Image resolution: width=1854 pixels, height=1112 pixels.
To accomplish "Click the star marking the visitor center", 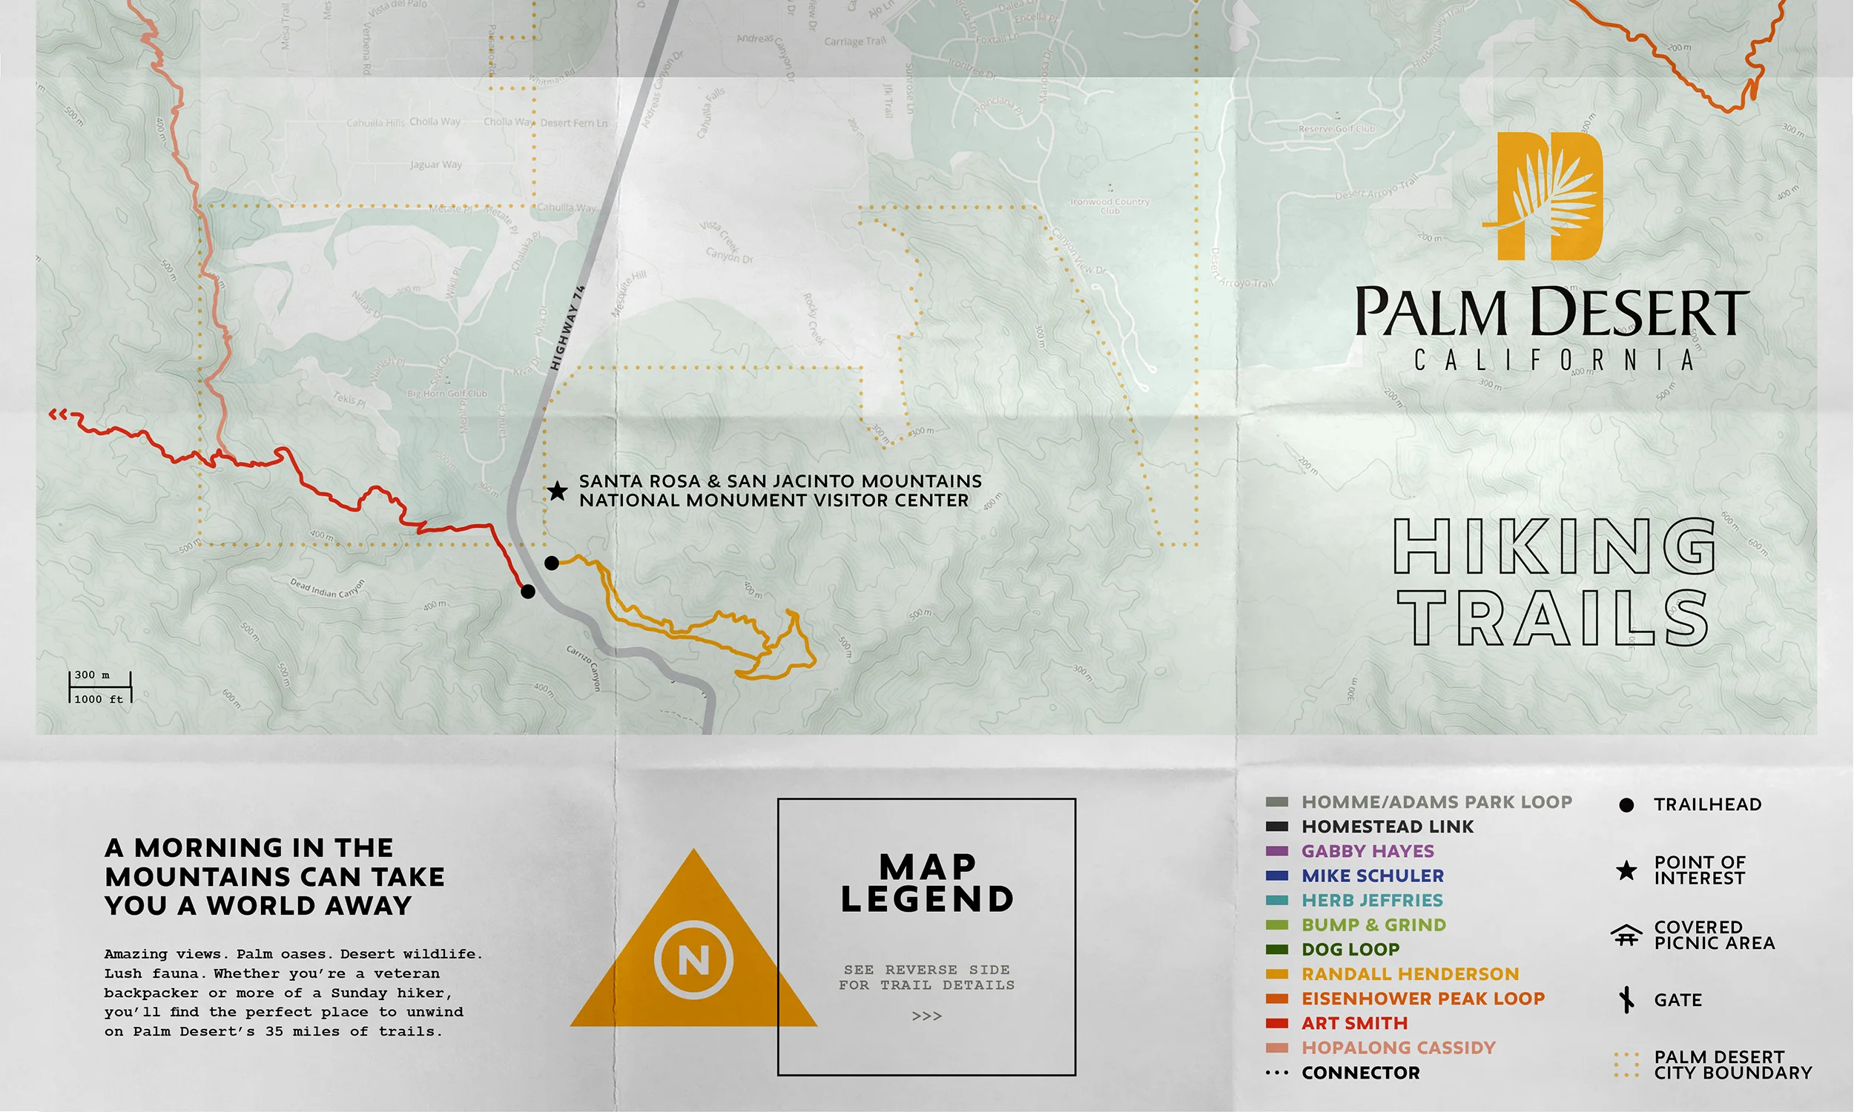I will [557, 492].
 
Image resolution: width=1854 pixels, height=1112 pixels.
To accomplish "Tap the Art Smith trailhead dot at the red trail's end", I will [528, 592].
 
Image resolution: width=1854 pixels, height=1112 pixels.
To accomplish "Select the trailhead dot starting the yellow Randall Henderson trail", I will [552, 563].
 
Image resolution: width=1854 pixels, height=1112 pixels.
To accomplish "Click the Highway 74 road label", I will [567, 328].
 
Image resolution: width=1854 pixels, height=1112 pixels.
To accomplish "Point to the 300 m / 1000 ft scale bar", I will [100, 687].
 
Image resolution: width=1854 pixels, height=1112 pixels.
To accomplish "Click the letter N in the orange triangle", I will [694, 960].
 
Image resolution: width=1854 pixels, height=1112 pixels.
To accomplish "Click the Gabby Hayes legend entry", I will [1367, 851].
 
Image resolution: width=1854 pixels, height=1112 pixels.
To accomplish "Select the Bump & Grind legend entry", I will [1373, 924].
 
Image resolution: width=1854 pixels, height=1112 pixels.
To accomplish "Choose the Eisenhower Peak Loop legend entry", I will [1422, 998].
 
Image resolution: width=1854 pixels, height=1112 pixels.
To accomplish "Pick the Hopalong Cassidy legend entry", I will [1398, 1048].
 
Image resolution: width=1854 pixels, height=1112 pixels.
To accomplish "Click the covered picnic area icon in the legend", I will [1626, 934].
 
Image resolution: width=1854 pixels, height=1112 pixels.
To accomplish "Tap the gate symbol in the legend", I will [1626, 999].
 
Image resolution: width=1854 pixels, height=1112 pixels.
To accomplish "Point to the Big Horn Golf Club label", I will [446, 394].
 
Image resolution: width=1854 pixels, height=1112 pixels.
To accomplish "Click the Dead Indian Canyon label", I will [328, 588].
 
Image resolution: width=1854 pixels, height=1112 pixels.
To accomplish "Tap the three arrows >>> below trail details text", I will [927, 1016].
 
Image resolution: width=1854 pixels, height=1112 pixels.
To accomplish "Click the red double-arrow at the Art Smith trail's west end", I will [58, 414].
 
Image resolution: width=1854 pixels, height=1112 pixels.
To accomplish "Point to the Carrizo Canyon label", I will [583, 668].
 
